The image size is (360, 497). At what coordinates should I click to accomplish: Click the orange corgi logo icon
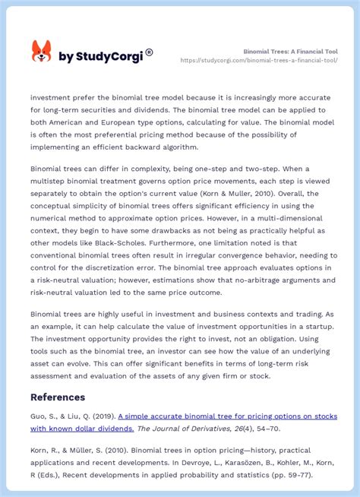tap(41, 52)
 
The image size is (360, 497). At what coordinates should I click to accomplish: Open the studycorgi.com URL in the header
tap(270, 61)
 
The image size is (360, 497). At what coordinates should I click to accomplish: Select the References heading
tap(58, 397)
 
